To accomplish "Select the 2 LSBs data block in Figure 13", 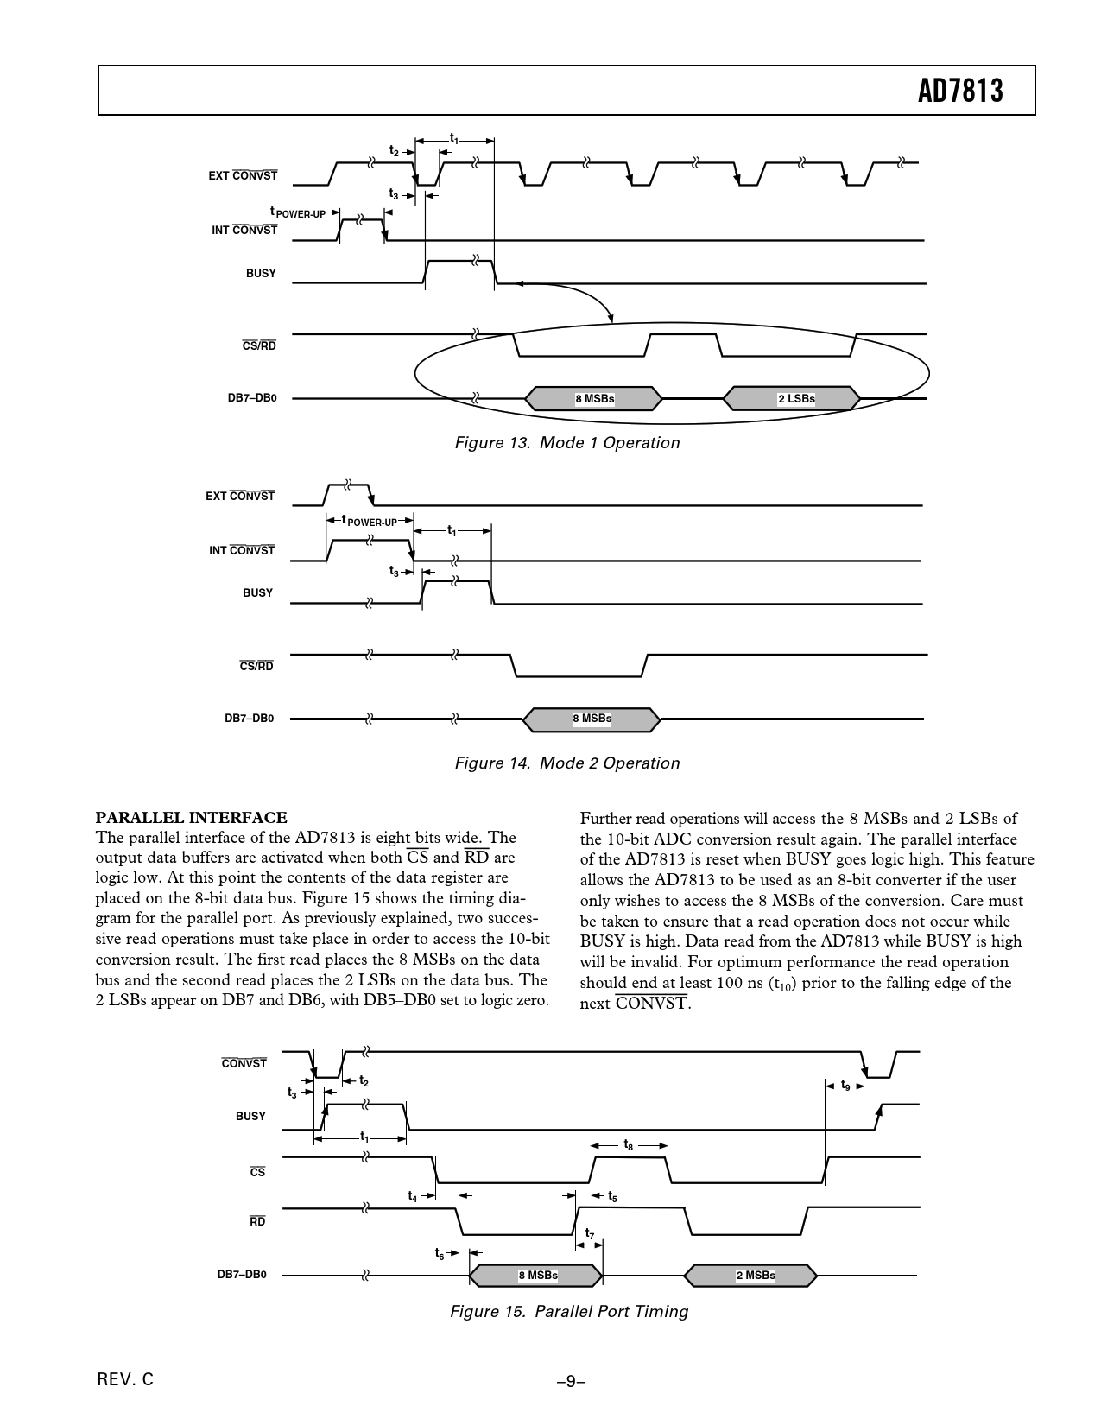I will click(793, 398).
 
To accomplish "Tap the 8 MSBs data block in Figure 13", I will click(594, 398).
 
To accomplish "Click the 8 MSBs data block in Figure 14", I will click(592, 719).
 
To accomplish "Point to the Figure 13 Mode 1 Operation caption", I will click(567, 443).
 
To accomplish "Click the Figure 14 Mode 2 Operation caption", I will click(567, 763).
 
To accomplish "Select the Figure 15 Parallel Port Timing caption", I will click(569, 1312).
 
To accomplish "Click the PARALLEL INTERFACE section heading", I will click(191, 818).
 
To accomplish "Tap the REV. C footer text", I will click(126, 1380).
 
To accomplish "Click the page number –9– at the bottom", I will click(571, 1381).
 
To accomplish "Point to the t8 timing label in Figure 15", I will click(629, 1144).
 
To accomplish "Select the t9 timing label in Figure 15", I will click(845, 1085).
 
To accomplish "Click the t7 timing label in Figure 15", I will click(590, 1233).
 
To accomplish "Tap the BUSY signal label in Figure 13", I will click(261, 273).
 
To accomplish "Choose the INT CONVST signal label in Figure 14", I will click(242, 550).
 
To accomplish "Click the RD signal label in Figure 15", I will click(257, 1221).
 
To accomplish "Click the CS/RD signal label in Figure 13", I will click(259, 345).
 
